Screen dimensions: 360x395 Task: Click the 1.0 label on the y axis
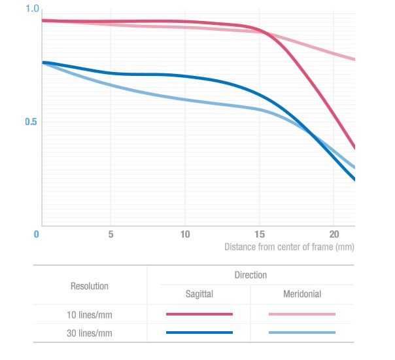32,9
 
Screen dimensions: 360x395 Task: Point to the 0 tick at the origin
37,234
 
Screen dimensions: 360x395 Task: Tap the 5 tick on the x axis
111,234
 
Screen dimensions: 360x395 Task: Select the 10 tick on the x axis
185,234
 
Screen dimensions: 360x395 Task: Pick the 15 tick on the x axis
260,234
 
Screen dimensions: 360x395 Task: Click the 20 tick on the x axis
334,234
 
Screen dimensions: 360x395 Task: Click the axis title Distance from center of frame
290,247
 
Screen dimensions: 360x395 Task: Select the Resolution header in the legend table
90,286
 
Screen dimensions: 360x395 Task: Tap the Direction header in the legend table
250,276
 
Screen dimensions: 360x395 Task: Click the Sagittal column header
199,295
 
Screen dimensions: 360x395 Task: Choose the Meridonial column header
302,295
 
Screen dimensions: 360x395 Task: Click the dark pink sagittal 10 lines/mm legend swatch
199,315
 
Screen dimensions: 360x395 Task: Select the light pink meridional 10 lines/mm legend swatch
302,315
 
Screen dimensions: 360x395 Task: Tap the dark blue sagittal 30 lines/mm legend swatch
199,333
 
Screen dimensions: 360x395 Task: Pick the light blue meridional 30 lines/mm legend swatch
302,333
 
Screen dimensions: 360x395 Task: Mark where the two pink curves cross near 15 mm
264,31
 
